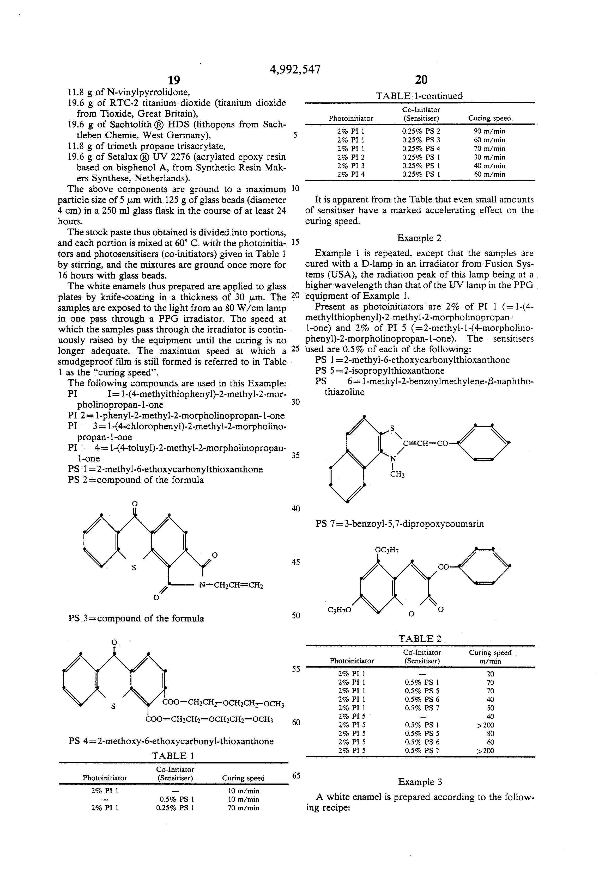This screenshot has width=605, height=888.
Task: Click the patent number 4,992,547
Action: point(295,69)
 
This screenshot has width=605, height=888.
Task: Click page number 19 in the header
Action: point(174,80)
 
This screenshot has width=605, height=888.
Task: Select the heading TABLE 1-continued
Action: point(419,96)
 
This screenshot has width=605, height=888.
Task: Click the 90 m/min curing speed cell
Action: point(489,131)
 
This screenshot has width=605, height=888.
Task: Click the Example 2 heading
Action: point(419,238)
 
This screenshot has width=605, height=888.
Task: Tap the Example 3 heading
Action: point(420,782)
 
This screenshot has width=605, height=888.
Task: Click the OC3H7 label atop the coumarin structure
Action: point(387,550)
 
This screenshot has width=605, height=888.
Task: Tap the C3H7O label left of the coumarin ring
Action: point(339,610)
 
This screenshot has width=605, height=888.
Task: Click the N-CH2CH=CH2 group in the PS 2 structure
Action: point(231,585)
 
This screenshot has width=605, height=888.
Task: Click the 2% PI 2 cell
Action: point(351,157)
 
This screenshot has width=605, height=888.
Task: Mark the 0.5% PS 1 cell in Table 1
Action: point(176,799)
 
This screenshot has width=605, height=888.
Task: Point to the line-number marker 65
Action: point(296,775)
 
